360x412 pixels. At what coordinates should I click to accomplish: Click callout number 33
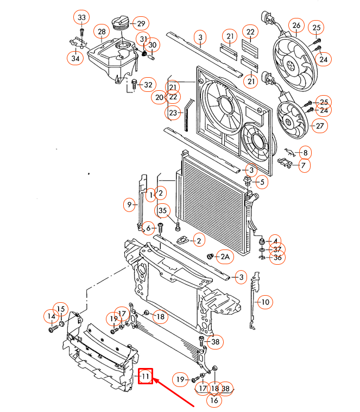tap(81, 18)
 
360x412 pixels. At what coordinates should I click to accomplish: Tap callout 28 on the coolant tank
tap(102, 32)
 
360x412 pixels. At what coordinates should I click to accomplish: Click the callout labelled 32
tap(147, 84)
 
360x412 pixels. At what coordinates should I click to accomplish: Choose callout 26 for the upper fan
tap(296, 25)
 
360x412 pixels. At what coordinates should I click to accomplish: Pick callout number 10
tap(265, 302)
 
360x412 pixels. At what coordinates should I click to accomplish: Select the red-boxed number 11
tap(146, 376)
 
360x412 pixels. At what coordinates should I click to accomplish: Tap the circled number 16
tap(214, 401)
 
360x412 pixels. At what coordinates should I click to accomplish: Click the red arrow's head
tap(156, 380)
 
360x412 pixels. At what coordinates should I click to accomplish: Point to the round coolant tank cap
tap(120, 24)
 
